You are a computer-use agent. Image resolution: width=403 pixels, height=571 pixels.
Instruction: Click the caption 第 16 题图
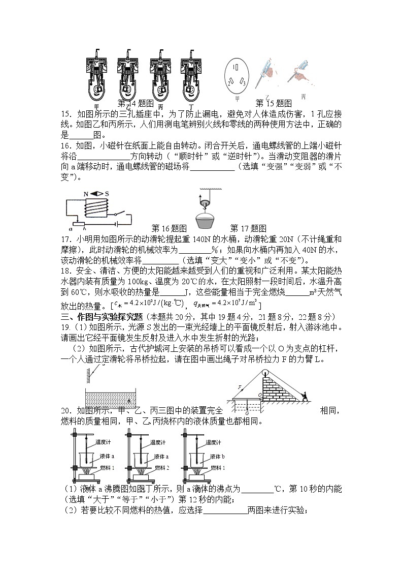[170, 229]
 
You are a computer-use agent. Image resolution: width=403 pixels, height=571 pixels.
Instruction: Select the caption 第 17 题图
[248, 229]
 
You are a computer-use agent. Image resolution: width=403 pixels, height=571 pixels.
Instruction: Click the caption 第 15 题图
[274, 103]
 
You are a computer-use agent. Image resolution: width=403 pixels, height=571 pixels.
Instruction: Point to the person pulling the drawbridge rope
[307, 395]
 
